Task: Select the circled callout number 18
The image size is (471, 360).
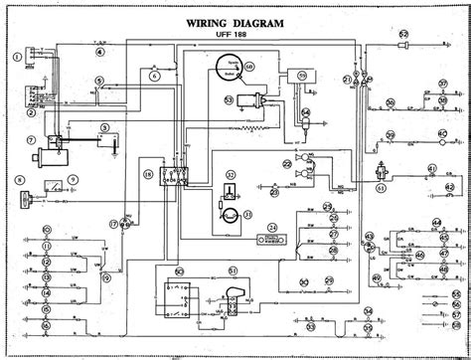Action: click(146, 175)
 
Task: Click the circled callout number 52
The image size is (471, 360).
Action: click(404, 36)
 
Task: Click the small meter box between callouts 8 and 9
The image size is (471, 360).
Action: click(57, 186)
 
